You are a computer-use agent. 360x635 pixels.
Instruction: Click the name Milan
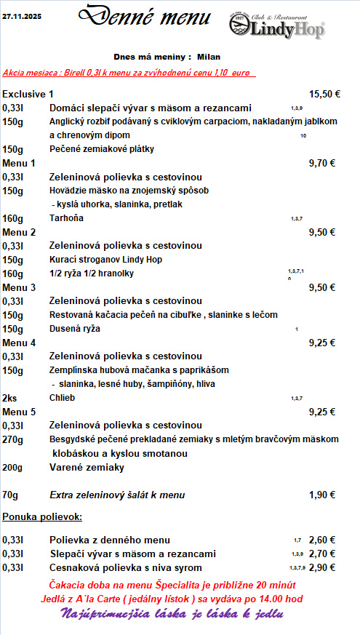(209, 56)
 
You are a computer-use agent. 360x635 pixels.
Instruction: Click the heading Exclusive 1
(28, 94)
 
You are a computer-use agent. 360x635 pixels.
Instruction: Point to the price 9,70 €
(322, 163)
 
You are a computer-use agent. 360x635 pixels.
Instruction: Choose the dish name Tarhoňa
(66, 218)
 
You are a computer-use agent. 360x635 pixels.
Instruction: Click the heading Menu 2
(19, 232)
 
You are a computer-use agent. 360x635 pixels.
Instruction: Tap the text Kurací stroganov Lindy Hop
(105, 260)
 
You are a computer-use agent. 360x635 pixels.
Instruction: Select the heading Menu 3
(19, 287)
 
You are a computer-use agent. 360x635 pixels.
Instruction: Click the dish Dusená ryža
(75, 329)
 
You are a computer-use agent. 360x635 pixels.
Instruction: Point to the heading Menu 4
(19, 343)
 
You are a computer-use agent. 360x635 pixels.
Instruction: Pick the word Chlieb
(62, 398)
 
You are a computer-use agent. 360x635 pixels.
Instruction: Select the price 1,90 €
(322, 495)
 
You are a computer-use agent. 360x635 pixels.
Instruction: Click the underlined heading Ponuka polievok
(41, 517)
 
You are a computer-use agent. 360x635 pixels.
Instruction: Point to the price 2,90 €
(322, 567)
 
